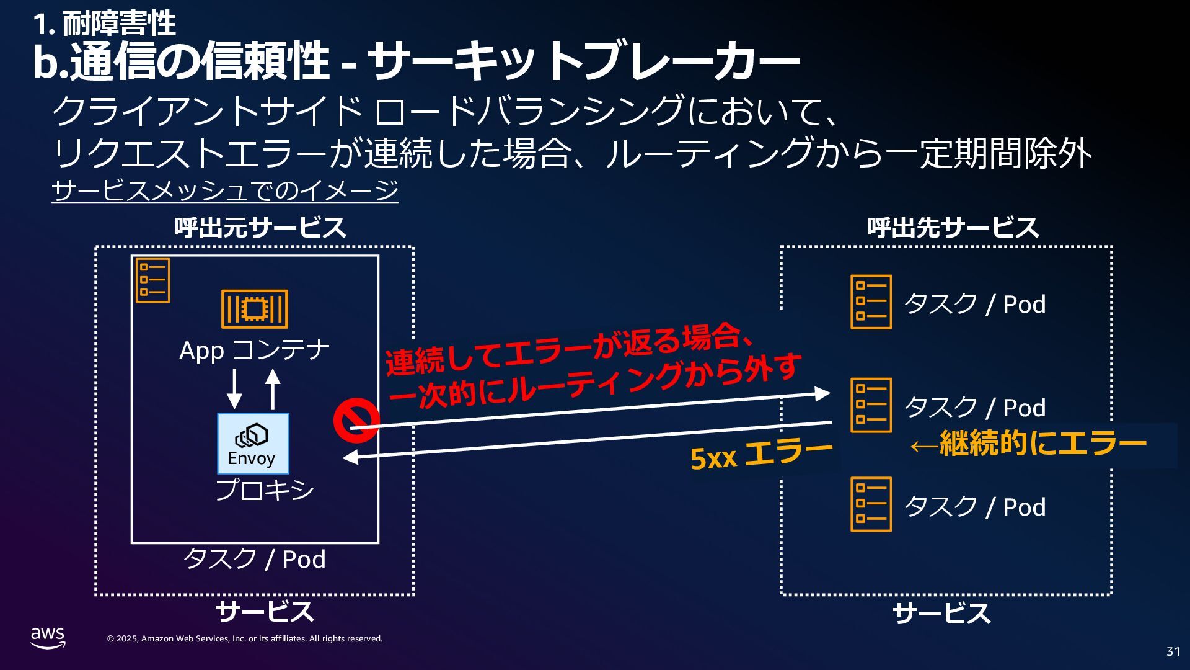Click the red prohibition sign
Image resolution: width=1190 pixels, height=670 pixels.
(x=356, y=421)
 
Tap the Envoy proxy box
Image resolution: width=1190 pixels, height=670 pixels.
(x=253, y=444)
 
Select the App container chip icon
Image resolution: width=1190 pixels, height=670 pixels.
(x=255, y=308)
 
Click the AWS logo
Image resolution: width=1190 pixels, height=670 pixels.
(x=48, y=637)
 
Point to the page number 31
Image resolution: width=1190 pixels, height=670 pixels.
(x=1173, y=651)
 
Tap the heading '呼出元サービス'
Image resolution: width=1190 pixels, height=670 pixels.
(x=260, y=228)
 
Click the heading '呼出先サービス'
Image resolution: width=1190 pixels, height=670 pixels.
(x=953, y=228)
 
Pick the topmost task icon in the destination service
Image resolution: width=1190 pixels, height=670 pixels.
(x=871, y=302)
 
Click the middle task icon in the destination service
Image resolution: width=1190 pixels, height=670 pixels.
(x=871, y=405)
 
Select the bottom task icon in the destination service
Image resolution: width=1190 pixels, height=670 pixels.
(x=871, y=504)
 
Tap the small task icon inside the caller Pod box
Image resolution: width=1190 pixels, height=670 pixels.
(x=152, y=280)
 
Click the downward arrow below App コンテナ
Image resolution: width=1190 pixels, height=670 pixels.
(x=234, y=389)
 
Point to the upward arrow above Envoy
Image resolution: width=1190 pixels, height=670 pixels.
(x=273, y=389)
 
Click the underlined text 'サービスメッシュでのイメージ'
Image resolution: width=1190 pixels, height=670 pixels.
(x=224, y=190)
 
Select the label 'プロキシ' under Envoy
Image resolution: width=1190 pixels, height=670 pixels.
(x=265, y=490)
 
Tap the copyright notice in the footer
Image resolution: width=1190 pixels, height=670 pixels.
(x=244, y=639)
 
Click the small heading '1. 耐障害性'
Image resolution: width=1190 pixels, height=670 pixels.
(x=104, y=24)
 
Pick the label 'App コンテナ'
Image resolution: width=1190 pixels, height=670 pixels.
(x=254, y=351)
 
